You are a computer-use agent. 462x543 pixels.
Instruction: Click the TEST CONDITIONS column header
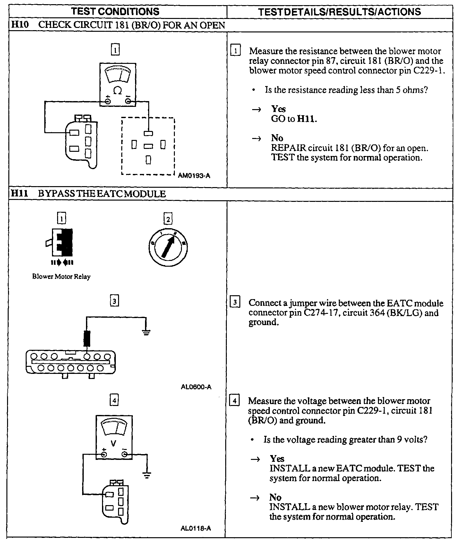pos(115,12)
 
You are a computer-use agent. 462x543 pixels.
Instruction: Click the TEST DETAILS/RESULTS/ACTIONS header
pos(339,12)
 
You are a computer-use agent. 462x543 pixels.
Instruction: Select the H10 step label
pos(20,25)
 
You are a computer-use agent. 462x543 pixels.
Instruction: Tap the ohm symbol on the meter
pos(118,91)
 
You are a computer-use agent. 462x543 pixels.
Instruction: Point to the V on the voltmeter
pos(113,444)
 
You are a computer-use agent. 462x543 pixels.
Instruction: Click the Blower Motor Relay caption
pos(61,277)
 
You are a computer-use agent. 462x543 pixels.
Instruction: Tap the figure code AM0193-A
pos(194,176)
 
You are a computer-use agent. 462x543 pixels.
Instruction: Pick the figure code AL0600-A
pos(196,387)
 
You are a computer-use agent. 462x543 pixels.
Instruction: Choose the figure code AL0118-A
pos(196,529)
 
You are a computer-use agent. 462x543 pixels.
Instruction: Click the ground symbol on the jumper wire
pos(146,332)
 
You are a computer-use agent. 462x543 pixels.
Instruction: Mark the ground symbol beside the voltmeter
pos(147,475)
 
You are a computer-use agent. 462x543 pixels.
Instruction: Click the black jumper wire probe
pos(87,338)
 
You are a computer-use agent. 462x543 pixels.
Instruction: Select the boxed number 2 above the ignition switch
pos(168,220)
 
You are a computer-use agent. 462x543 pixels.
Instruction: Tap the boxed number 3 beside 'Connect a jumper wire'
pos(235,303)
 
